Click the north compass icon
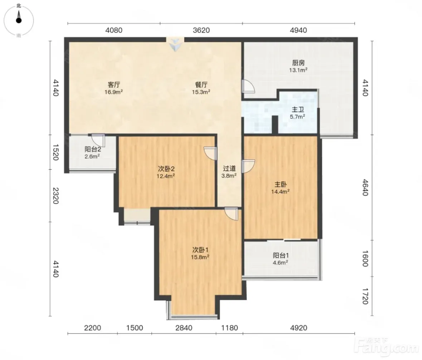[19, 20]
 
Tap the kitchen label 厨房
[298, 63]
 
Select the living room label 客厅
[113, 85]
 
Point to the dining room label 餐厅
[201, 85]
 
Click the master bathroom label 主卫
[298, 110]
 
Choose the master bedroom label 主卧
[280, 185]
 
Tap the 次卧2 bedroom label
[166, 169]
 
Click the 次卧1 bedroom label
[200, 250]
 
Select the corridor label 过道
[229, 169]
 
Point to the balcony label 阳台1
[281, 256]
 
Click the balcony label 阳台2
[93, 149]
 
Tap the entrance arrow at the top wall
[175, 45]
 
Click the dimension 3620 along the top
[201, 30]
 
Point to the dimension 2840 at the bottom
[184, 328]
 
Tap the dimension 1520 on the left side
[55, 152]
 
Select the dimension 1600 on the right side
[365, 259]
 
